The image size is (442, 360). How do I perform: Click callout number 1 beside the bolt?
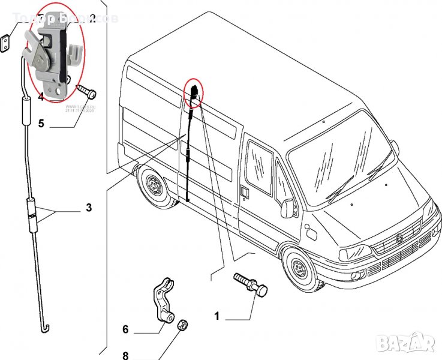[217, 315]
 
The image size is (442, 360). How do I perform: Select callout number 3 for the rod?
[89, 209]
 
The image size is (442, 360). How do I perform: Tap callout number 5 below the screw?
[41, 124]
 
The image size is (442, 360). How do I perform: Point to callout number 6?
[125, 329]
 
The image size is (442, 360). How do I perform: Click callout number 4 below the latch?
[41, 96]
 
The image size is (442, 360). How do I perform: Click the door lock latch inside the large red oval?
[50, 54]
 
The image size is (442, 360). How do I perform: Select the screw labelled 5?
[87, 92]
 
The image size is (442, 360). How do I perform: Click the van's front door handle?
[245, 192]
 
